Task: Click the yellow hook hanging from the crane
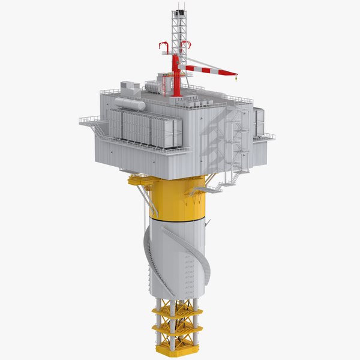pyautogui.click(x=236, y=76)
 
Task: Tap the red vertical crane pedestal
pyautogui.click(x=176, y=75)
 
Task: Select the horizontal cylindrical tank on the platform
pyautogui.click(x=130, y=103)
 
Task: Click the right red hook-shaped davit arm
pyautogui.click(x=187, y=46)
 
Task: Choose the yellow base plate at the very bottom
pyautogui.click(x=178, y=348)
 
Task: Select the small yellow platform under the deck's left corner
pyautogui.click(x=140, y=179)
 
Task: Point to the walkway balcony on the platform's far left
pyautogui.click(x=88, y=121)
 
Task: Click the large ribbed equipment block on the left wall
pyautogui.click(x=144, y=128)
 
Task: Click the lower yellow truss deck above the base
pyautogui.click(x=178, y=329)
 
